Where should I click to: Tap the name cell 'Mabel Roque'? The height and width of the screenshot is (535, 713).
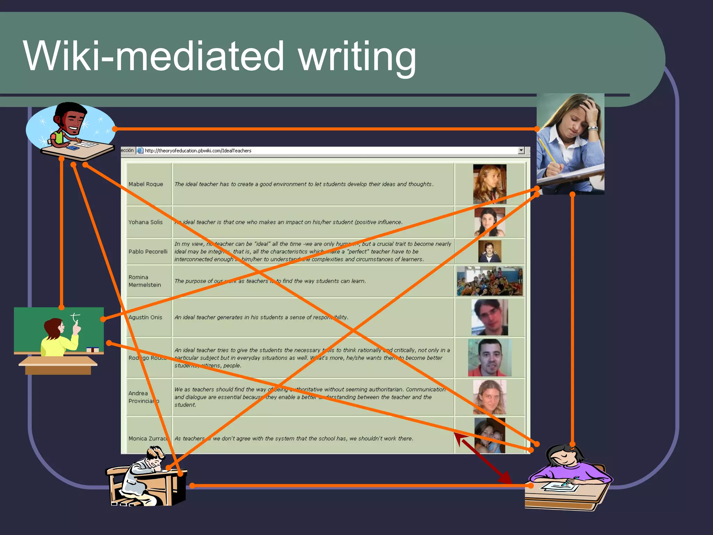click(146, 184)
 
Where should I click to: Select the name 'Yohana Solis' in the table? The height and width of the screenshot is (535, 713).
click(145, 222)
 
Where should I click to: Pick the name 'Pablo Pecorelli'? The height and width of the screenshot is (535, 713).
click(148, 251)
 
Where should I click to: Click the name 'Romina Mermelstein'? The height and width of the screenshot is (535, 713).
click(144, 281)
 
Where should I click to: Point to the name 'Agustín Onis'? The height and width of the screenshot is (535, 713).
click(145, 317)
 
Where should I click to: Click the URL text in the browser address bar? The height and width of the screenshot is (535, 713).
click(198, 150)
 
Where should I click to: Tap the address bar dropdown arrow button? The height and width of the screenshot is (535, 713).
click(521, 150)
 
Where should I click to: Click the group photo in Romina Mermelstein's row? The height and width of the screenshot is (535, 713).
click(489, 281)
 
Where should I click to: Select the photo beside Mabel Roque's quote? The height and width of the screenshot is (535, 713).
click(489, 184)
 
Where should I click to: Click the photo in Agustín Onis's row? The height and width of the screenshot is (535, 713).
click(489, 317)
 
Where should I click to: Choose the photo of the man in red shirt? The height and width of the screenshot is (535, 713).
click(489, 358)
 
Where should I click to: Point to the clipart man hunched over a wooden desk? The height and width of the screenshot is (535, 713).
click(146, 477)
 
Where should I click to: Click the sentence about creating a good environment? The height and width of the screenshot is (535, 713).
click(304, 184)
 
